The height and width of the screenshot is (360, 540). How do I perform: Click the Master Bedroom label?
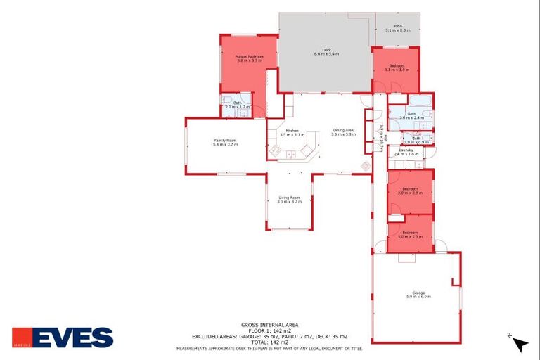tap(250, 57)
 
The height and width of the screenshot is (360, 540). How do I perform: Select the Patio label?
tap(397, 26)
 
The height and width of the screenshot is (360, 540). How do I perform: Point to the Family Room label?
tap(225, 140)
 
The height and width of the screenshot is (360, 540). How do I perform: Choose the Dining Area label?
tap(344, 130)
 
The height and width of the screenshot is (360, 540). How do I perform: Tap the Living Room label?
tap(289, 198)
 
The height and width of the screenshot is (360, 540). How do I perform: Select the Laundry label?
tap(406, 150)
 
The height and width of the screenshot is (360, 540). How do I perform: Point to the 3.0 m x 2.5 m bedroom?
tap(410, 235)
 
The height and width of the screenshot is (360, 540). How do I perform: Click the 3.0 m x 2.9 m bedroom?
tap(410, 190)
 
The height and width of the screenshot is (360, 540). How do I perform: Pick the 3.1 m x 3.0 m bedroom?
tap(397, 67)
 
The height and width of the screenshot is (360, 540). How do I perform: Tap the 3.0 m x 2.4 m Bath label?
tap(411, 115)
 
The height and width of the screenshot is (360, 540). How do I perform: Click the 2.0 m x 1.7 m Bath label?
tap(238, 105)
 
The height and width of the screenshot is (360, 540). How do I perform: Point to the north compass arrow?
tap(520, 344)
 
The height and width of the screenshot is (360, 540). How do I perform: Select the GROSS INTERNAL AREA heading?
tap(269, 324)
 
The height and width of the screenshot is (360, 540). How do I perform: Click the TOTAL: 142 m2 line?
tap(269, 342)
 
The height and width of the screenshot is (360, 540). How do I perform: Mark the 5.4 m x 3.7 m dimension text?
tap(225, 144)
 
